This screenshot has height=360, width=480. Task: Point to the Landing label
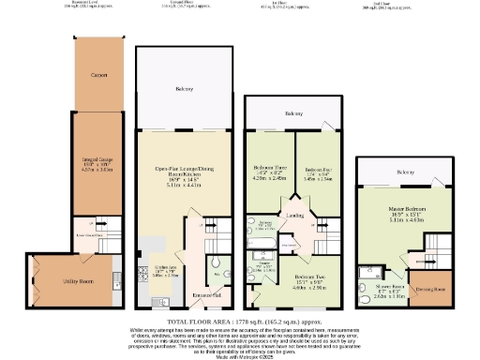coord(295,216)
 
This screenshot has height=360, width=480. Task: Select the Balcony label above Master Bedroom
coord(406,172)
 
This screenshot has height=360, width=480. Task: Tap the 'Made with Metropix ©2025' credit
coord(240,354)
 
